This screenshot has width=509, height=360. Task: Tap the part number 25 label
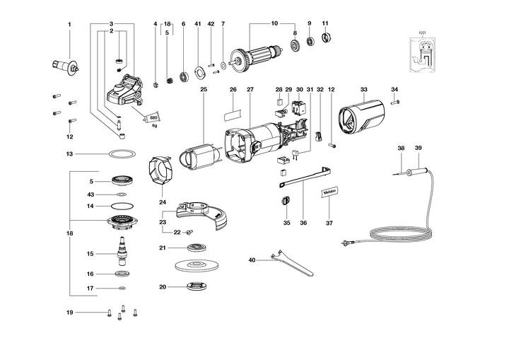(203, 89)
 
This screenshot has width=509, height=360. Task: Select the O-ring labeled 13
(123, 153)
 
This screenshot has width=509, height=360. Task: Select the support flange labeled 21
(193, 248)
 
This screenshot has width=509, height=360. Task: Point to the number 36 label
(303, 223)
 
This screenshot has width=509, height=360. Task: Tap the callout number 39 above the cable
(418, 148)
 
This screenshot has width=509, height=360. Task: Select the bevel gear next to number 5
(122, 182)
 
